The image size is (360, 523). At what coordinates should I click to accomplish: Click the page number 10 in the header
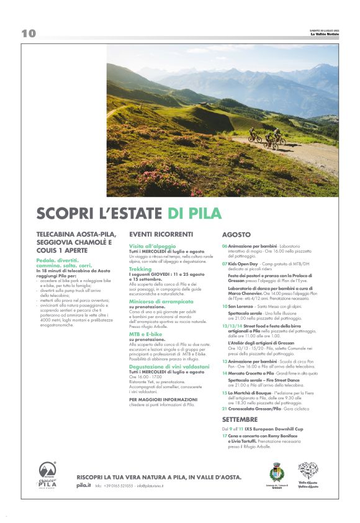pyautogui.click(x=28, y=34)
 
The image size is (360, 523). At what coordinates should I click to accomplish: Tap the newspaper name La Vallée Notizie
pyautogui.click(x=325, y=35)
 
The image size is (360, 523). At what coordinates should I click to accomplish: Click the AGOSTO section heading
pyautogui.click(x=236, y=235)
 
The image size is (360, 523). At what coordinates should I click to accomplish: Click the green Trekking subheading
pyautogui.click(x=140, y=269)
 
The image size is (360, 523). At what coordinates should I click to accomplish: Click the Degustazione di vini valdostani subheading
pyautogui.click(x=164, y=366)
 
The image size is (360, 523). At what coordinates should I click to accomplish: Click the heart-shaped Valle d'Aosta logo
pyautogui.click(x=308, y=471)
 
